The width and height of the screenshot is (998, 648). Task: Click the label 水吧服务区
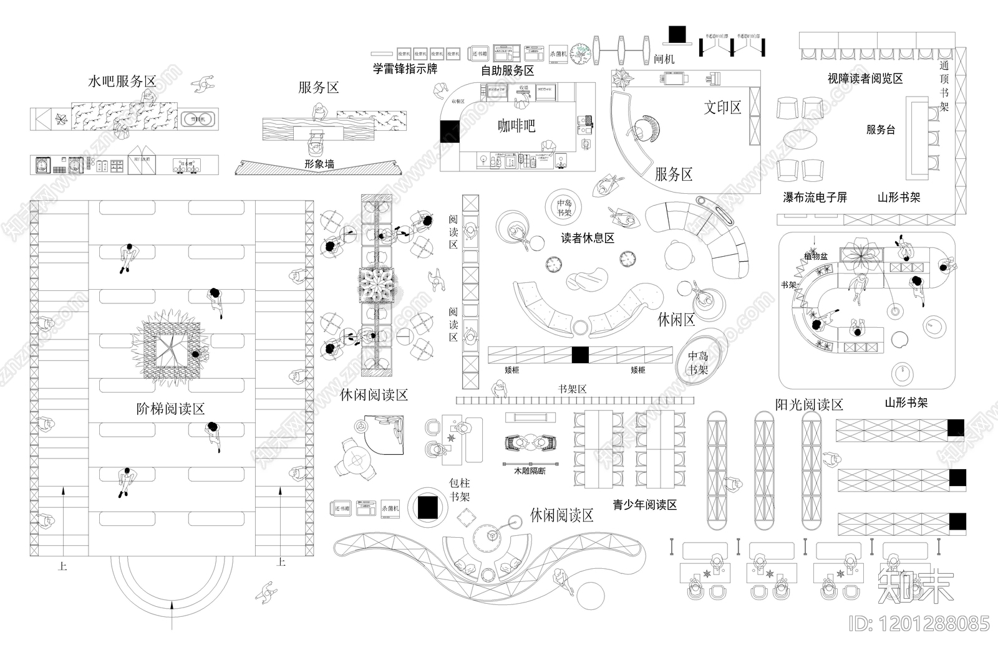pyautogui.click(x=122, y=82)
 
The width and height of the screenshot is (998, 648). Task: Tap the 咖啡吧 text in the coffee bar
pyautogui.click(x=516, y=126)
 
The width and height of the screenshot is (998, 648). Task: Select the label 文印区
pyautogui.click(x=722, y=107)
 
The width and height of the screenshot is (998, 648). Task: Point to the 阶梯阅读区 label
pyautogui.click(x=170, y=409)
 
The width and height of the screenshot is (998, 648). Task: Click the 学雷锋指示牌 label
pyautogui.click(x=405, y=69)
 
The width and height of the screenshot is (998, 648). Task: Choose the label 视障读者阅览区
pyautogui.click(x=865, y=79)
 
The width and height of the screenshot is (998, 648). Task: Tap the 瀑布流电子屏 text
pyautogui.click(x=815, y=198)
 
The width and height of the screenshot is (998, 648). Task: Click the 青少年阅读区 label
pyautogui.click(x=644, y=505)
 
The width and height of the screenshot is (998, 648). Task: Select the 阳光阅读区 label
pyautogui.click(x=808, y=404)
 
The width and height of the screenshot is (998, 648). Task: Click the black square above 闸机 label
pyautogui.click(x=677, y=34)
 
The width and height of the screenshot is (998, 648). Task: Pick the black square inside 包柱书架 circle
pyautogui.click(x=428, y=507)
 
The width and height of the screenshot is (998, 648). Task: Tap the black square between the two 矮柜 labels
pyautogui.click(x=580, y=355)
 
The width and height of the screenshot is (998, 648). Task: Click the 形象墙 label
pyautogui.click(x=319, y=164)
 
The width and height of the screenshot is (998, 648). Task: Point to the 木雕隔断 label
pyautogui.click(x=530, y=471)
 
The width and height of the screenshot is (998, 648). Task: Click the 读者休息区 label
pyautogui.click(x=587, y=238)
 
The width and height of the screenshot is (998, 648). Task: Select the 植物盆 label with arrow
pyautogui.click(x=815, y=256)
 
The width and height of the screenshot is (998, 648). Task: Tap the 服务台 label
pyautogui.click(x=880, y=130)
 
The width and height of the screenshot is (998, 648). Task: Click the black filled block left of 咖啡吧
pyautogui.click(x=449, y=132)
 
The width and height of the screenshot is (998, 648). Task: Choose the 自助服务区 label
pyautogui.click(x=507, y=70)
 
